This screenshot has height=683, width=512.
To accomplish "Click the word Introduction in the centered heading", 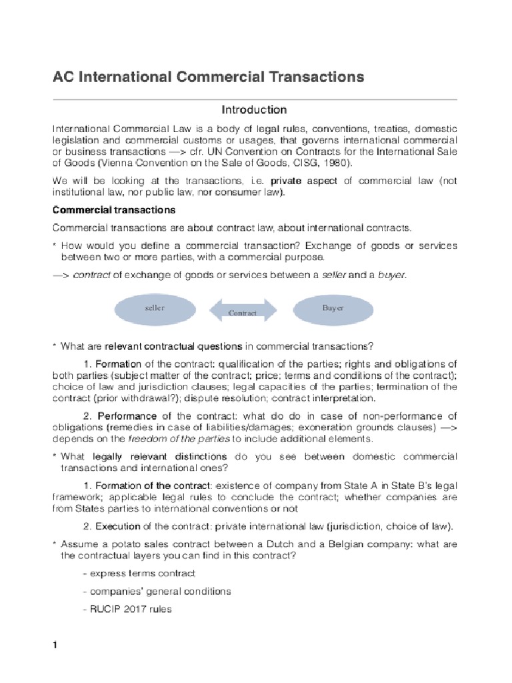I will coord(254,109).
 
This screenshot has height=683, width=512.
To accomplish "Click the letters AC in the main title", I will coord(63,77).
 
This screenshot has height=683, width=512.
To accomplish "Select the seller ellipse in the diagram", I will coord(155,308).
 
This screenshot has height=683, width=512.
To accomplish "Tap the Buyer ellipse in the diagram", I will coord(332,308).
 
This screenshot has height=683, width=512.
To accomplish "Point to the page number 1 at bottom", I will coord(56,646).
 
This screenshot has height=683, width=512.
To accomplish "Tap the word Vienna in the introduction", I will coord(119,162).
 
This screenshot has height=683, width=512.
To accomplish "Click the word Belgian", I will coord(310,544).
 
